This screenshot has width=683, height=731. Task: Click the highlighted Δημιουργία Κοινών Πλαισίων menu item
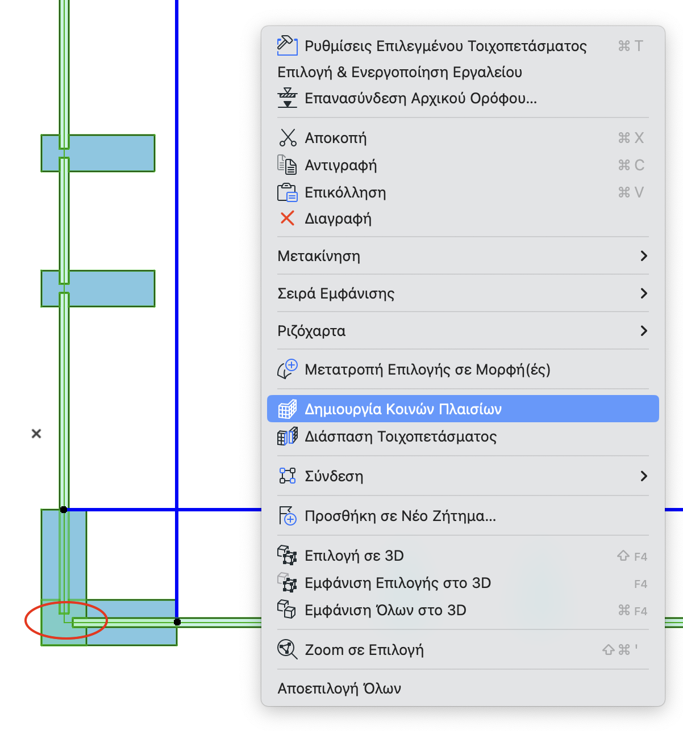tap(403, 409)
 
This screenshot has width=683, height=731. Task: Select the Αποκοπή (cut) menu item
tap(335, 138)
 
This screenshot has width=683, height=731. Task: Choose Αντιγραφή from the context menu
tap(340, 165)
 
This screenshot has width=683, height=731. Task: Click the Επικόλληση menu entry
tap(345, 192)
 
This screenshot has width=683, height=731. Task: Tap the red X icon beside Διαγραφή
tap(288, 219)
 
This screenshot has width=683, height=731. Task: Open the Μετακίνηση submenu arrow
tap(643, 256)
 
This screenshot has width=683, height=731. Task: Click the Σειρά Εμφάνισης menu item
tap(336, 293)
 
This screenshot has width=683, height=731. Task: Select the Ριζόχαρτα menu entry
tap(311, 331)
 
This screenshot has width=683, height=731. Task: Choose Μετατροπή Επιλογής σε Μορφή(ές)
tap(427, 369)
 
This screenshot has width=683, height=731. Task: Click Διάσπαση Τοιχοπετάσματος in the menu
tap(401, 436)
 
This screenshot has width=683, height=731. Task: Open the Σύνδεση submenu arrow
tap(643, 476)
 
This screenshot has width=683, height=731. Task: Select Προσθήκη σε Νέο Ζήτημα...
tap(400, 516)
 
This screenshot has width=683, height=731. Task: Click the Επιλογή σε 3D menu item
tap(354, 556)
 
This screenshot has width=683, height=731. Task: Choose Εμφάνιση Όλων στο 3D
tap(385, 610)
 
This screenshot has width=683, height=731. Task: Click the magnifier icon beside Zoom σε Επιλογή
tap(287, 649)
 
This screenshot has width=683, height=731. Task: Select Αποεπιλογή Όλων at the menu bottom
tap(339, 688)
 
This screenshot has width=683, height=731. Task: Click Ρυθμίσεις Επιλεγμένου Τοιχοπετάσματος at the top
tap(445, 46)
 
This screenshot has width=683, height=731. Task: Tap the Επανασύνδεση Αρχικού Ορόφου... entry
tap(420, 98)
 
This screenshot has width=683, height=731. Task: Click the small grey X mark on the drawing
tap(36, 434)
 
